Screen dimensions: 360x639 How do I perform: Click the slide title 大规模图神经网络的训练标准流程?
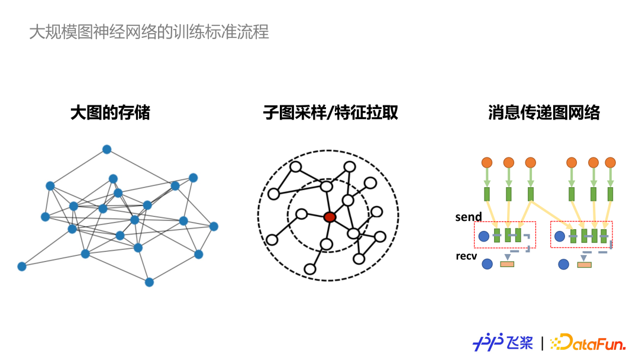tap(149, 32)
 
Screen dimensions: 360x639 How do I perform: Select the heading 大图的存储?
tap(110, 112)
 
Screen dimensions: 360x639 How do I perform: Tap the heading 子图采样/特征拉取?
tap(331, 112)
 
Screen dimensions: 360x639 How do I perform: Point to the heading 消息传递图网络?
tap(544, 112)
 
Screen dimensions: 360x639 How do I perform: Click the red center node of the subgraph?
tap(330, 217)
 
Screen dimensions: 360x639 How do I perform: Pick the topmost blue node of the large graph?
tap(106, 149)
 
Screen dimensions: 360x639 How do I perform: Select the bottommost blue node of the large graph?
tap(149, 282)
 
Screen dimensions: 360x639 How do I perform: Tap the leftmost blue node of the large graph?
tap(22, 266)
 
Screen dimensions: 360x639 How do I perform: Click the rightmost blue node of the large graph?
tap(214, 226)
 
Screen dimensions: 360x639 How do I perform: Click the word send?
tap(469, 217)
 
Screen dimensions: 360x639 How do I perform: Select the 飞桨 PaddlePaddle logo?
tap(503, 342)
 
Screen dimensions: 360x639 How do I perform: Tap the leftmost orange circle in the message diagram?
tap(487, 162)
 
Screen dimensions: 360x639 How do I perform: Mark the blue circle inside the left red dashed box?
tap(483, 236)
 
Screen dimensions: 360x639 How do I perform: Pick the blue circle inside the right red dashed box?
tap(560, 236)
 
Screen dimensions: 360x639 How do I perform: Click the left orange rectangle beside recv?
tap(507, 263)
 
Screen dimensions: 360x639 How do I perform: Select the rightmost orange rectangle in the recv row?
tap(584, 264)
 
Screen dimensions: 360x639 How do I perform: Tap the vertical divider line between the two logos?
tap(542, 343)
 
